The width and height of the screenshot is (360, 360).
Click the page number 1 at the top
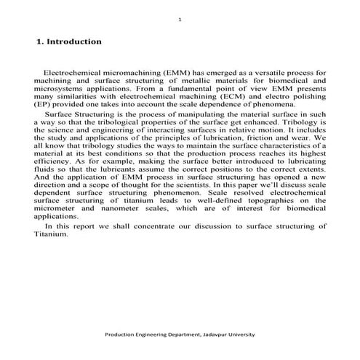coord(180,20)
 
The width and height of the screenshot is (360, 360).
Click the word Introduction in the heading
coord(73,42)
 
